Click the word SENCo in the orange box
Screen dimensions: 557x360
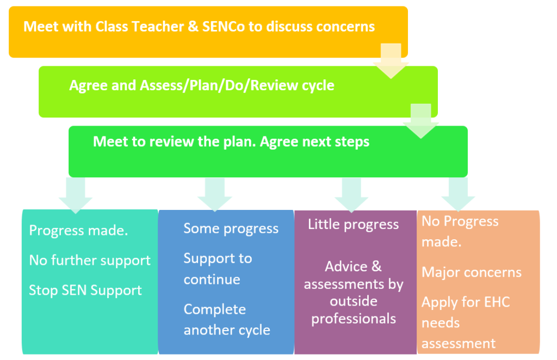point(223,27)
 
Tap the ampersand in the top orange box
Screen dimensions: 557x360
point(193,27)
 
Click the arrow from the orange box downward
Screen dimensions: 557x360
point(391,61)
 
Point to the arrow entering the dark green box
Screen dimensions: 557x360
point(420,121)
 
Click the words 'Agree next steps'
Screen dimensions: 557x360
point(315,141)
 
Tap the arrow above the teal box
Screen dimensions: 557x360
point(75,195)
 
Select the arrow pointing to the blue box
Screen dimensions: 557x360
point(214,195)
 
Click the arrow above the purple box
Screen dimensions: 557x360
point(351,195)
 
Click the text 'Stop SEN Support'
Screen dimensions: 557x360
point(85,290)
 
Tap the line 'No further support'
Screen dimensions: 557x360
point(90,260)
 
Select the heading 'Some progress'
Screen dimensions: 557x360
point(231,228)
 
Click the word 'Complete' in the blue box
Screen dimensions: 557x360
point(214,309)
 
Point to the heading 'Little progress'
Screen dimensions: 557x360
point(354,225)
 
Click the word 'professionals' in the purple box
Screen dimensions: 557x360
point(354,319)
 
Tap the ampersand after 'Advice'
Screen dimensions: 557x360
point(376,266)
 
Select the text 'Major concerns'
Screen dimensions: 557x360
point(472,272)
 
